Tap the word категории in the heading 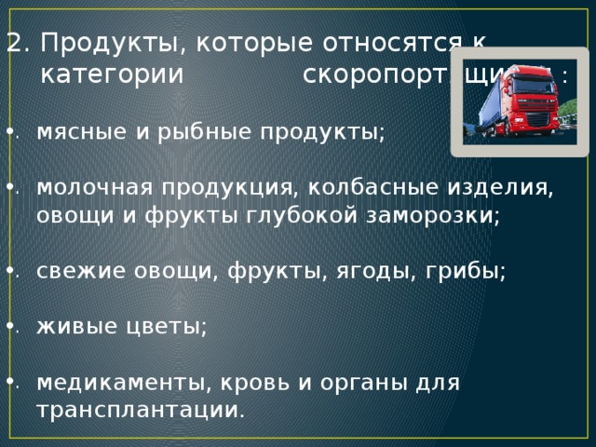(x=112, y=74)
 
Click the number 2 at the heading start (x=14, y=43)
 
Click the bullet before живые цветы (x=8, y=327)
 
